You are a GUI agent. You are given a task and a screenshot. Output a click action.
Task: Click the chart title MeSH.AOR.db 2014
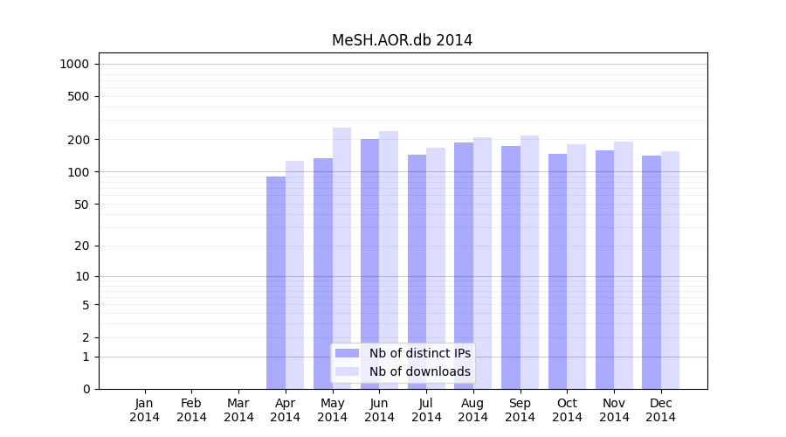(402, 40)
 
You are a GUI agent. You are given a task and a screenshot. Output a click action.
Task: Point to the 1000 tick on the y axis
(74, 64)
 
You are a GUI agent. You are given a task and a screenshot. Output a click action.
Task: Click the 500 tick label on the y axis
(79, 96)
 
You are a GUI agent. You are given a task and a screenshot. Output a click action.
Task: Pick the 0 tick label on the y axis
(86, 389)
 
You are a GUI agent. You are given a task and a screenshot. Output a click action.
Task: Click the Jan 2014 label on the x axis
(145, 410)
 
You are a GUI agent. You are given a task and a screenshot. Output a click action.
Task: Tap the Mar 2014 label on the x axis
(238, 410)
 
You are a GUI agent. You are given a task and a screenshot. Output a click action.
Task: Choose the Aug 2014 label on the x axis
(473, 410)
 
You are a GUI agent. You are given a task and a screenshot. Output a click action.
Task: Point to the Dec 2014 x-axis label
(661, 410)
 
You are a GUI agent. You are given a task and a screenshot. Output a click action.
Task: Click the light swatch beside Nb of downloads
(348, 371)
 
